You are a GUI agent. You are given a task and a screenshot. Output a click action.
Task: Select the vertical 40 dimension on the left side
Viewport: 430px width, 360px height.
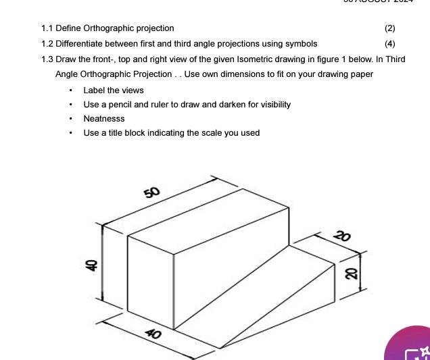88,265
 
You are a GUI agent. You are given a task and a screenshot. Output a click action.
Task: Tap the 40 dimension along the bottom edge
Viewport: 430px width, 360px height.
153,334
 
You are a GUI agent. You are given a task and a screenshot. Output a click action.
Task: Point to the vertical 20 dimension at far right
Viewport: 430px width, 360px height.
350,273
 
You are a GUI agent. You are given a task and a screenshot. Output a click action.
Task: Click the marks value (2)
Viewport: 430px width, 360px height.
389,28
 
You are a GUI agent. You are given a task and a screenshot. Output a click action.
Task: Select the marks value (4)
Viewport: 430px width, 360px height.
389,44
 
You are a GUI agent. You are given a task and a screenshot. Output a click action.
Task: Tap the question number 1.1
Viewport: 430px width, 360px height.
47,28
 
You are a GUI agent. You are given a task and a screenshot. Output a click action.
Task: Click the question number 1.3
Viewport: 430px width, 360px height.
47,59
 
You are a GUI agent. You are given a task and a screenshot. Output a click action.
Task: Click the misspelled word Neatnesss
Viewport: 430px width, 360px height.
104,118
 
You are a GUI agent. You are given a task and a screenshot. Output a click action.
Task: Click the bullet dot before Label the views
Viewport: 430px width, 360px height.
70,91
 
